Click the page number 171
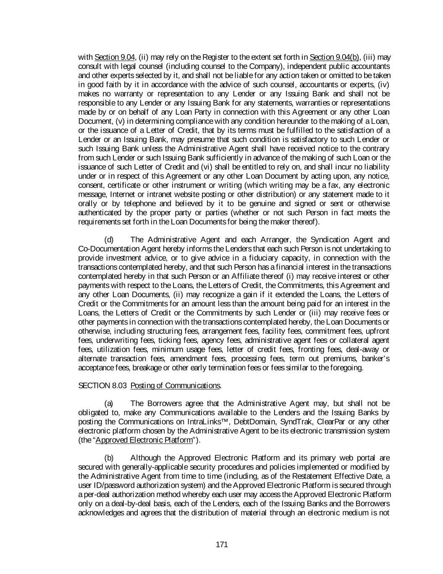tap(221, 545)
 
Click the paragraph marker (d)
tap(109, 240)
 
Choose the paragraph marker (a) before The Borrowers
tap(109, 404)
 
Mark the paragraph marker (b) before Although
tap(109, 458)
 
